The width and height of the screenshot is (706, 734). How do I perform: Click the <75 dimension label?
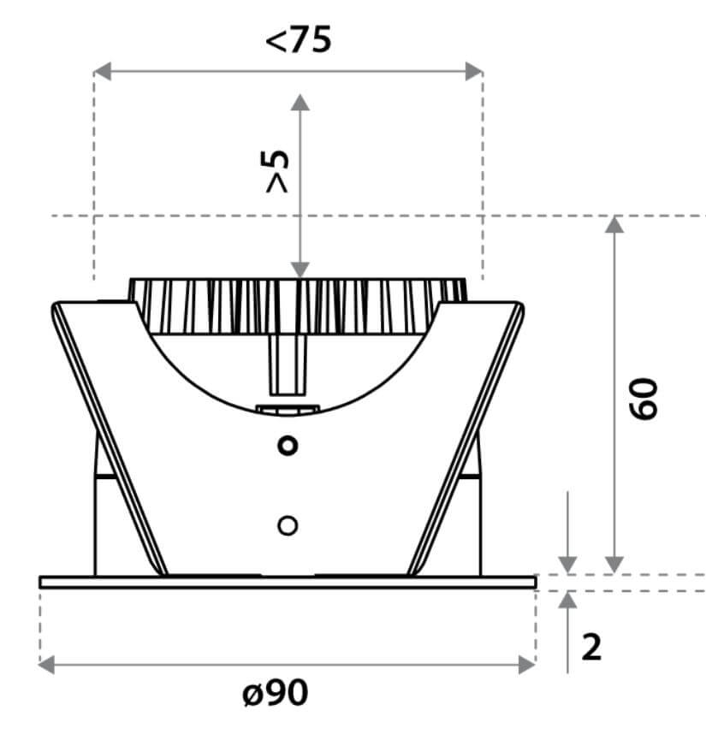pyautogui.click(x=298, y=39)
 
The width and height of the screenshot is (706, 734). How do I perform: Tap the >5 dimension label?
pyautogui.click(x=278, y=170)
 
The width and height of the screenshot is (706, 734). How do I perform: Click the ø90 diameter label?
pyautogui.click(x=274, y=692)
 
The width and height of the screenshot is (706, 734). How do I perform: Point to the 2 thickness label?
pyautogui.click(x=591, y=648)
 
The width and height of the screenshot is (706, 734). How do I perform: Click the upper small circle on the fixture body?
pyautogui.click(x=288, y=445)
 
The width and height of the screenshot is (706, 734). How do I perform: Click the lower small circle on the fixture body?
pyautogui.click(x=288, y=525)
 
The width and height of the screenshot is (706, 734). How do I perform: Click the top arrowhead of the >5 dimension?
pyautogui.click(x=300, y=102)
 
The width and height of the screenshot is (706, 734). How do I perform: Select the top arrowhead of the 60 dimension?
pyautogui.click(x=614, y=224)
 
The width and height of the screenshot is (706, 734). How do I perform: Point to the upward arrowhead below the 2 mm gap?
pyautogui.click(x=567, y=600)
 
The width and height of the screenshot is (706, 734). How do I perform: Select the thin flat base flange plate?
pyautogui.click(x=288, y=582)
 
